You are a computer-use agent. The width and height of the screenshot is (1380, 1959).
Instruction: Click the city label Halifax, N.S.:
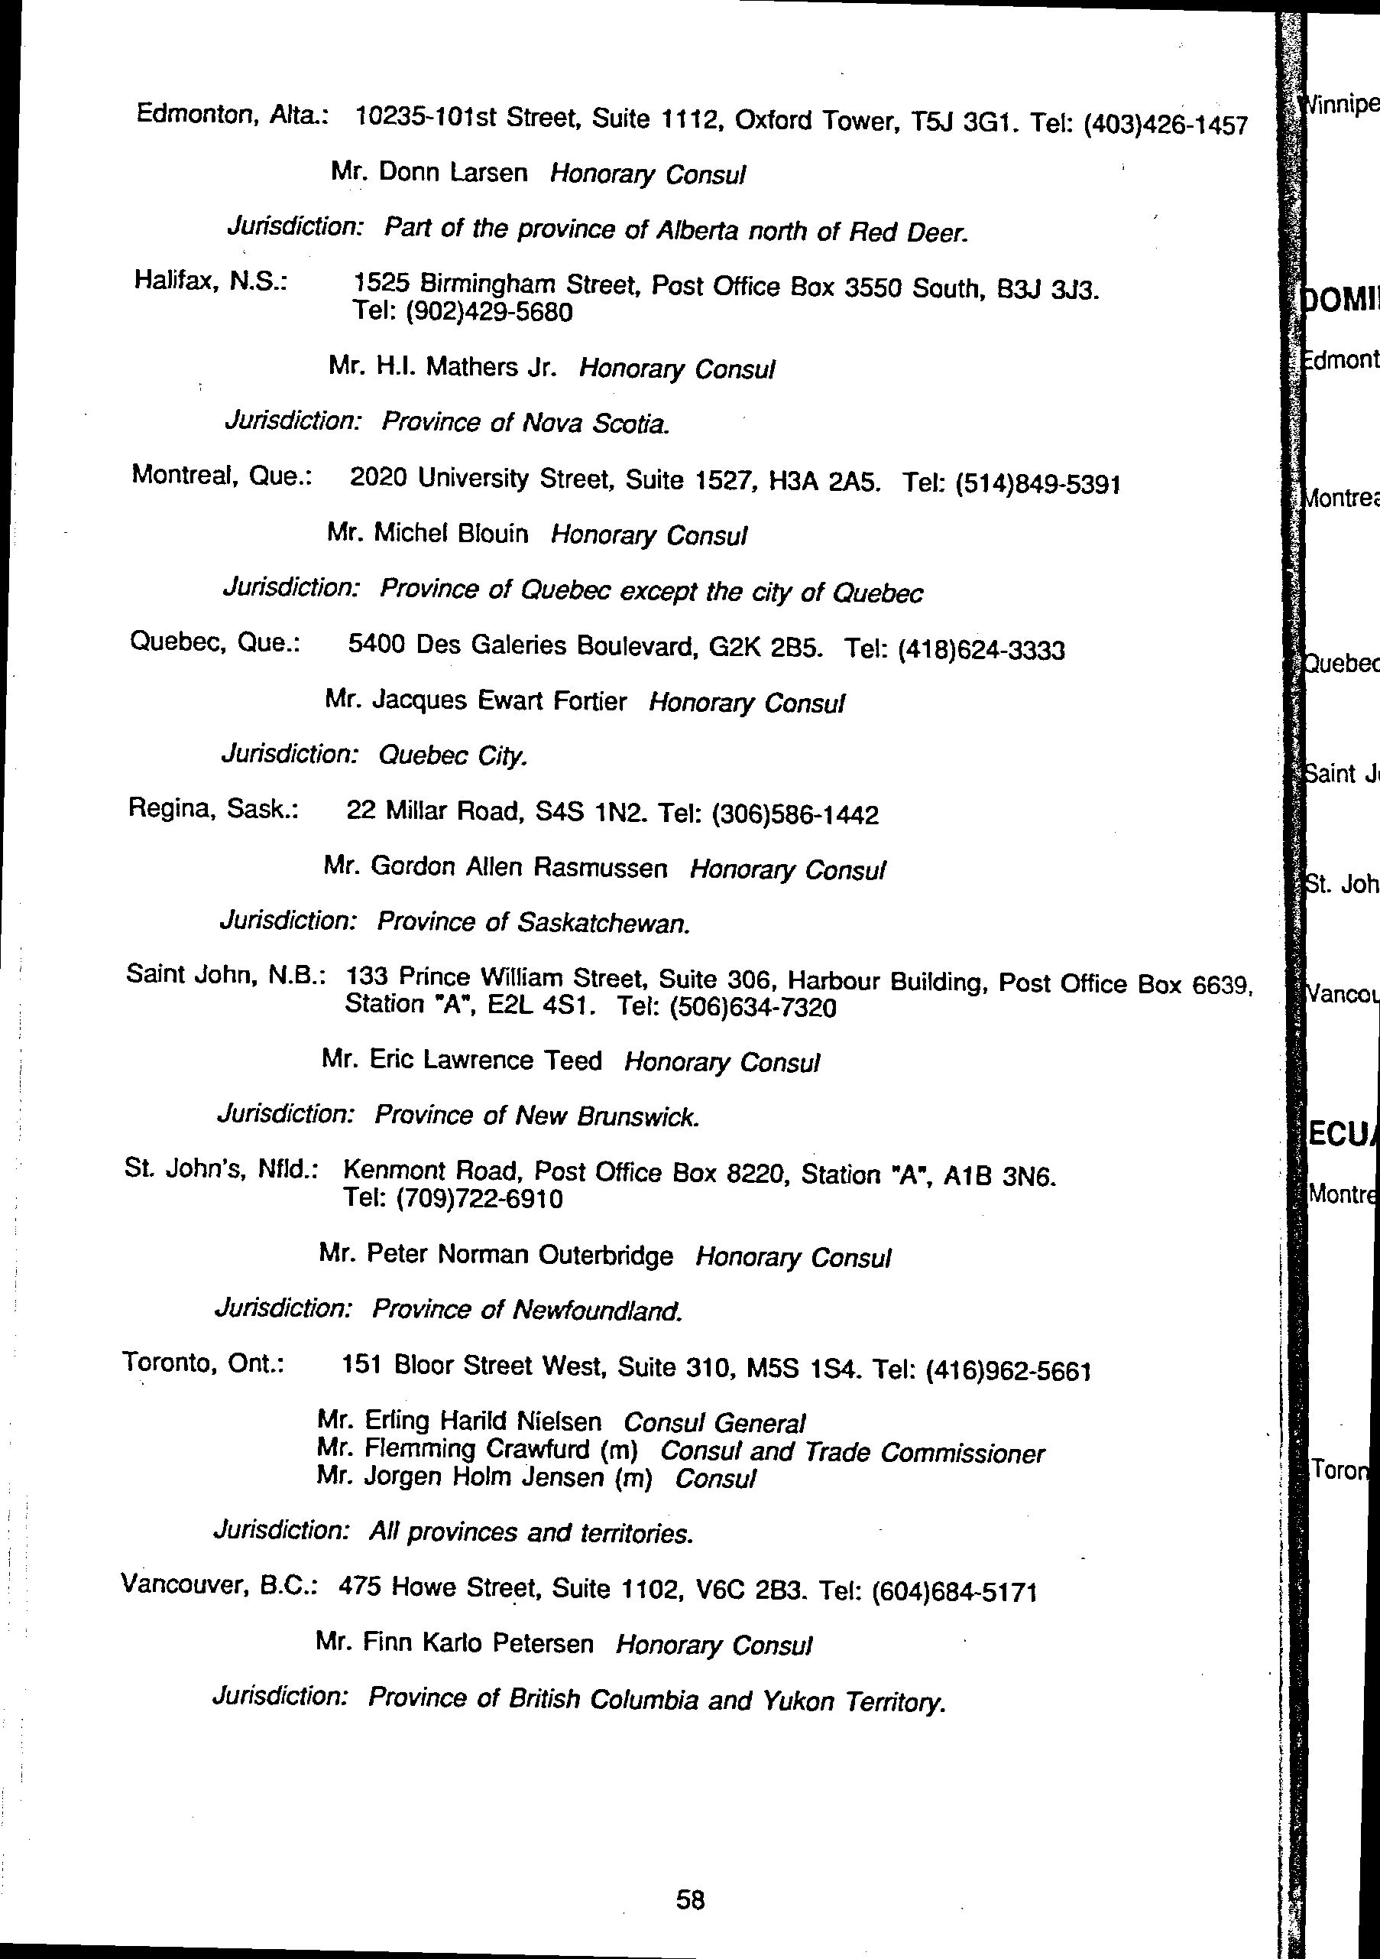click(x=210, y=280)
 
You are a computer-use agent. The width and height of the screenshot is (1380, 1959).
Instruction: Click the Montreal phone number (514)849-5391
click(x=1037, y=485)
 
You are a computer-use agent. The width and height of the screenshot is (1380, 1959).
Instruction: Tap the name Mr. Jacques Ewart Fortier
click(x=476, y=700)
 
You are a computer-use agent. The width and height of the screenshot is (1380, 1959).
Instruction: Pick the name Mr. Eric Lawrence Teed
click(x=462, y=1060)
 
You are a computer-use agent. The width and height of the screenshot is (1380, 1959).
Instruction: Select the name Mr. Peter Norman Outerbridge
click(x=496, y=1254)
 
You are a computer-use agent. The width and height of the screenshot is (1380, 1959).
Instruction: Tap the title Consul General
click(x=714, y=1422)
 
